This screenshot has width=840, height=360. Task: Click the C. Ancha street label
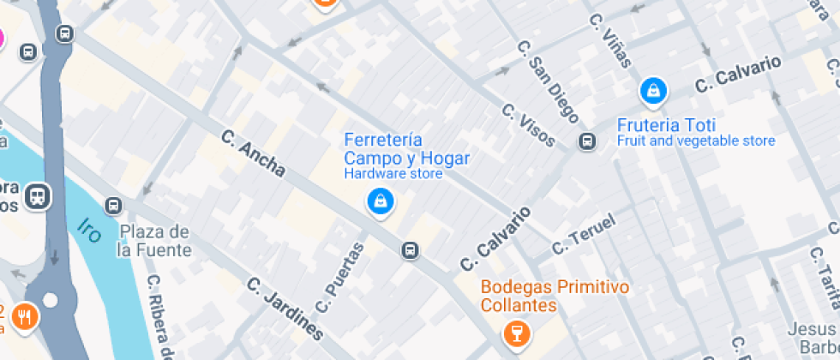(x=253, y=153)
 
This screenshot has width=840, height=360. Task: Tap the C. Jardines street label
(x=285, y=308)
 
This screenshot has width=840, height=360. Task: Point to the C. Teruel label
(x=584, y=235)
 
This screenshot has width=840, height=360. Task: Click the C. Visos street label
(x=529, y=125)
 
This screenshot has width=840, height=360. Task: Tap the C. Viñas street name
(x=611, y=41)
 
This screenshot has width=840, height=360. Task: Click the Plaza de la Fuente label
(x=154, y=241)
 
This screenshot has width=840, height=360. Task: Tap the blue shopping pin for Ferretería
(x=379, y=202)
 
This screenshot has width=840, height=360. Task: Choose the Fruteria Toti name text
(x=666, y=123)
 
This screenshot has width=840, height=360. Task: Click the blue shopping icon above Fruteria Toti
(x=653, y=89)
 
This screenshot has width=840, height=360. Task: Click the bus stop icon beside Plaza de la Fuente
(x=113, y=206)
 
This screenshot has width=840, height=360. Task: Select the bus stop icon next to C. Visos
(x=587, y=141)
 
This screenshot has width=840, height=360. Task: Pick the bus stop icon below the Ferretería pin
(x=411, y=249)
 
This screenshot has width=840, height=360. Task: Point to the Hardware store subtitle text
(x=393, y=174)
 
